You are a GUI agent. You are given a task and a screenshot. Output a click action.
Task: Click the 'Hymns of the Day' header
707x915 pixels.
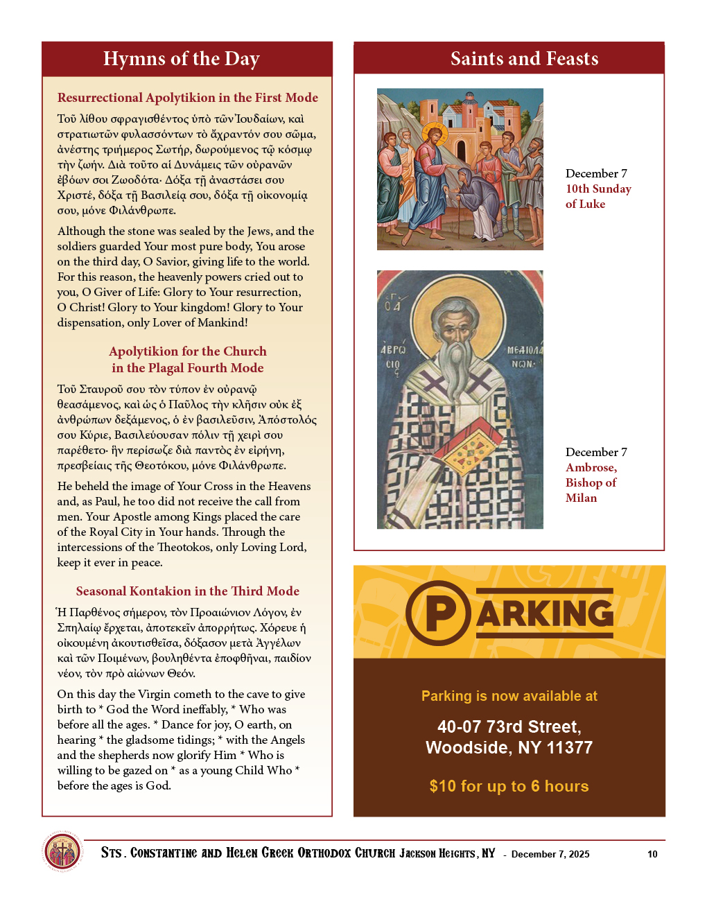[181, 59]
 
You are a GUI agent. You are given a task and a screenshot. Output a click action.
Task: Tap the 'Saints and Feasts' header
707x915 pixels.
[524, 59]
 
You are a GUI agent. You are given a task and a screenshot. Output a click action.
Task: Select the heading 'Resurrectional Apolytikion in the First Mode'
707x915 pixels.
[187, 98]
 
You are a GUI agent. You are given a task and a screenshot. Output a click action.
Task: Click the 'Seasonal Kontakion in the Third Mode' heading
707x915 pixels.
[187, 591]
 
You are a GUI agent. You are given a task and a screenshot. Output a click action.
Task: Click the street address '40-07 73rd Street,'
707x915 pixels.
[509, 726]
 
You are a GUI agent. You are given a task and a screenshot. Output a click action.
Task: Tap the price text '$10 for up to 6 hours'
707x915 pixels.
[509, 786]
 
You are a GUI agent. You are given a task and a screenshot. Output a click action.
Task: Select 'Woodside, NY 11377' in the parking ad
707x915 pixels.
[509, 747]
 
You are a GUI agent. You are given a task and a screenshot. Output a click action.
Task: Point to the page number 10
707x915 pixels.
[652, 854]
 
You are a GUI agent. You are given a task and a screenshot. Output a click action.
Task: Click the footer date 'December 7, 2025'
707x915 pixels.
[550, 854]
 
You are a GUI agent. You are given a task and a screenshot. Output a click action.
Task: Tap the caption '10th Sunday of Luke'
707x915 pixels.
[597, 196]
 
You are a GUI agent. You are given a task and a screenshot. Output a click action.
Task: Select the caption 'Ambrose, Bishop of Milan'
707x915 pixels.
[591, 482]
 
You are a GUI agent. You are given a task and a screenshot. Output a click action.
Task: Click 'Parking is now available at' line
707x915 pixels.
[509, 696]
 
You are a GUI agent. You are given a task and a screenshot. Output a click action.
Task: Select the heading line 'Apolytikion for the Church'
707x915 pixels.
[187, 351]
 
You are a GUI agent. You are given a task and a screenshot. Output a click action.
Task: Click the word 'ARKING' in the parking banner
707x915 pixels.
[545, 613]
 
